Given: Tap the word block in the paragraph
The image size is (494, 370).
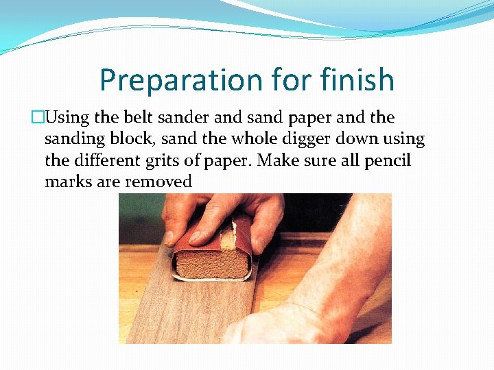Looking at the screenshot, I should point(137,138).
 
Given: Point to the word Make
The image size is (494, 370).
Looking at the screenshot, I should point(279,160).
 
